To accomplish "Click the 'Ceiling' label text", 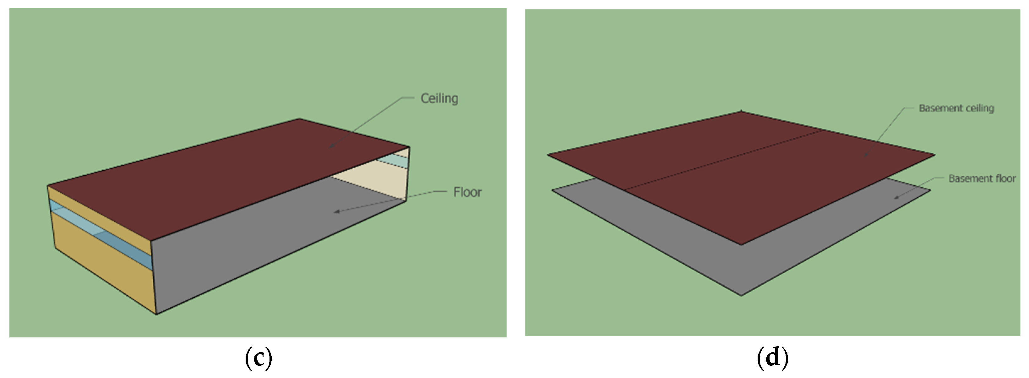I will (439, 98).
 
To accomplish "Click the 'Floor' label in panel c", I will (467, 192).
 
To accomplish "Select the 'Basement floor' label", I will (982, 178).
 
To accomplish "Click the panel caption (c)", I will (259, 358).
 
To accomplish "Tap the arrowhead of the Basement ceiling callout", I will (866, 155).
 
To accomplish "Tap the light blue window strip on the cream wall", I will (394, 161).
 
